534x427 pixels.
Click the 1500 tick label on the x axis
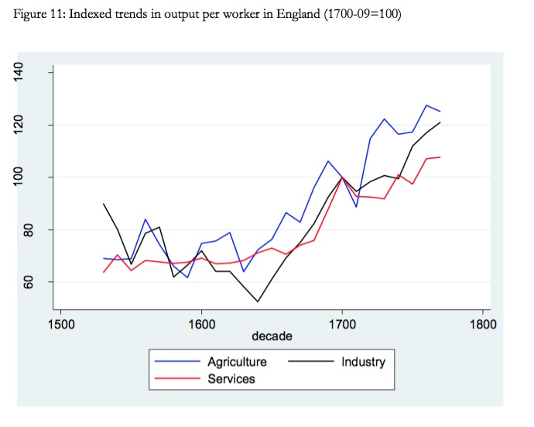click(x=61, y=323)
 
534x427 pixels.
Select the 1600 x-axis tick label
click(x=201, y=323)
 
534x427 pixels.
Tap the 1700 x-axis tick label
click(x=341, y=323)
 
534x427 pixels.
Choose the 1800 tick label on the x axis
click(x=481, y=323)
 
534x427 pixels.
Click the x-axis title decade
click(x=271, y=337)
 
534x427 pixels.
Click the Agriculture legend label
click(x=237, y=362)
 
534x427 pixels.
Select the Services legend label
click(x=231, y=379)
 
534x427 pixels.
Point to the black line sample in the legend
click(x=309, y=362)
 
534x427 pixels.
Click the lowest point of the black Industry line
click(x=258, y=301)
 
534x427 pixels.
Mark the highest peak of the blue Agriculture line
click(x=426, y=105)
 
